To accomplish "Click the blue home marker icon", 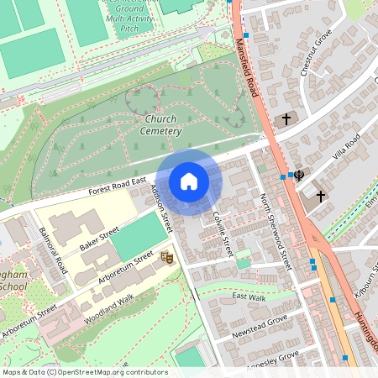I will point(189,181).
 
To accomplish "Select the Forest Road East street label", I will point(118,188).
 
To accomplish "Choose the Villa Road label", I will point(345,145).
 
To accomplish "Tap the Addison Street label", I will point(160,209).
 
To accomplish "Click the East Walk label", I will point(249,297).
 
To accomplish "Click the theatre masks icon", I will point(166,257).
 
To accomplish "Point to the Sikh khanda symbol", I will point(298,175).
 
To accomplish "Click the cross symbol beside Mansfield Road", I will point(286,119).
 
